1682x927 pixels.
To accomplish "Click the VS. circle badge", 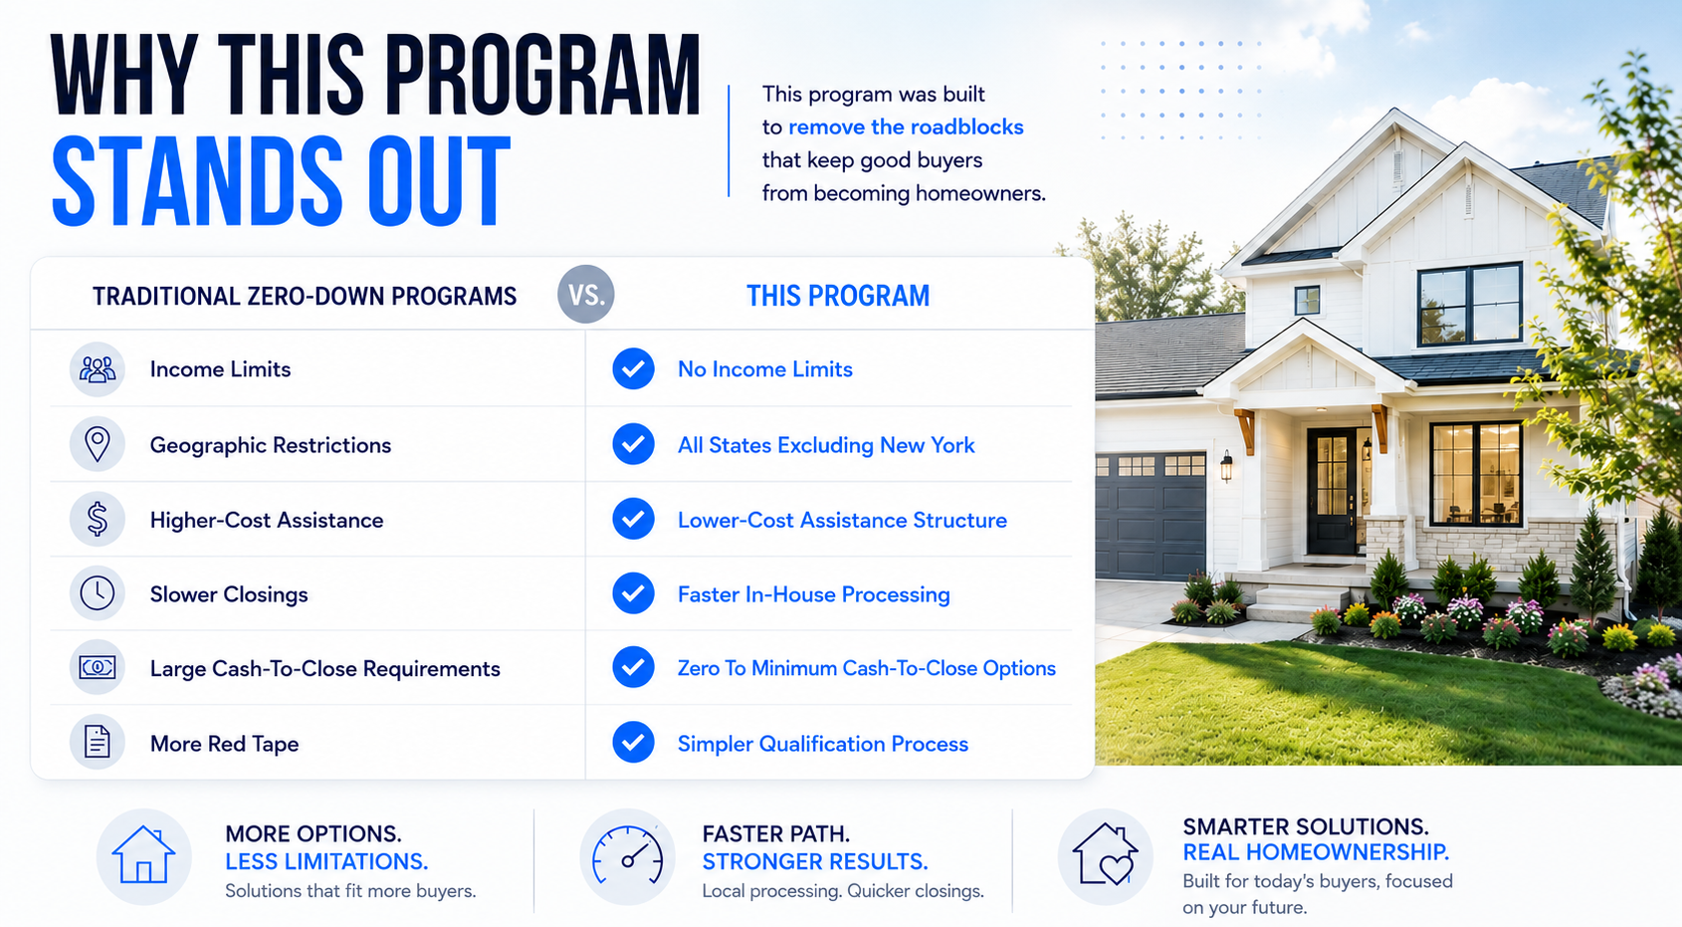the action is point(585,294).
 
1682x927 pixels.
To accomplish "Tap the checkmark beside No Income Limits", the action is point(633,368).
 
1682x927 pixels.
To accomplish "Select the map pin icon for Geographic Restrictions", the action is point(97,444).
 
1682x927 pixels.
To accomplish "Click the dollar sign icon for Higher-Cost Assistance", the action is point(97,519).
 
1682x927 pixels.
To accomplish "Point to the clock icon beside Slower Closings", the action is point(97,593).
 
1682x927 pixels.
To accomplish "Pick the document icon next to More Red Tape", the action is point(97,742).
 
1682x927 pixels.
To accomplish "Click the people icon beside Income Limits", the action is point(97,368).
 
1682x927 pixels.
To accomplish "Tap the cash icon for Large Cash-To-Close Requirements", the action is point(97,667).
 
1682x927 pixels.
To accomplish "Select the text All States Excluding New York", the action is point(826,445).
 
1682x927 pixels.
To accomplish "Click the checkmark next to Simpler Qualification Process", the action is point(633,742).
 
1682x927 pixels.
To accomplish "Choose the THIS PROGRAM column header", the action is point(838,296).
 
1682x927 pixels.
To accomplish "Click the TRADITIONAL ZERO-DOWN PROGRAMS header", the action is point(305,296).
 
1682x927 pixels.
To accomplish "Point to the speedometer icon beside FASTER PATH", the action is point(627,856).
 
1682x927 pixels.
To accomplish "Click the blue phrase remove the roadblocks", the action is point(906,127).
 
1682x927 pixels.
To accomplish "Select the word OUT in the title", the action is point(439,181).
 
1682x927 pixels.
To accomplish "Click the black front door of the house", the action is point(1333,491).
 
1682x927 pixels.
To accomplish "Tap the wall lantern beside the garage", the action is point(1226,465).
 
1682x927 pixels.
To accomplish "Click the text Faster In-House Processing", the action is point(813,594).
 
